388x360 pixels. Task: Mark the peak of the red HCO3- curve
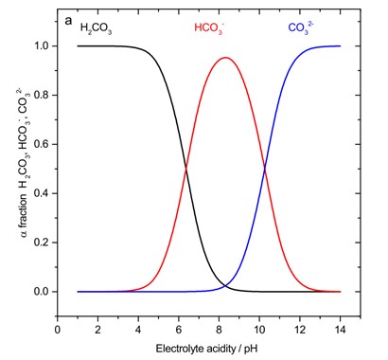(224, 58)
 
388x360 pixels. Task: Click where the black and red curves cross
(185, 169)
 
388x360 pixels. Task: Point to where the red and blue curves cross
(264, 169)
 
